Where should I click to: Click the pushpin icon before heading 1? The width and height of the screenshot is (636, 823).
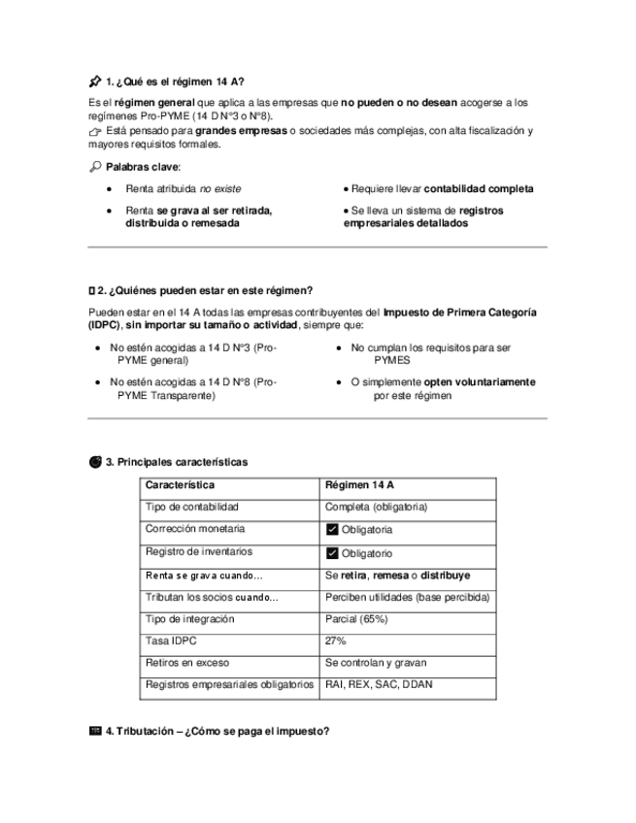click(x=94, y=82)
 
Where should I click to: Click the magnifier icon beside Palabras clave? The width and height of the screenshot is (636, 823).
click(x=94, y=167)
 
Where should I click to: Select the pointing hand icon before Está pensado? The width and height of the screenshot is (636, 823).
click(x=94, y=131)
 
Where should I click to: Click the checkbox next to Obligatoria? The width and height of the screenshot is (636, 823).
click(x=332, y=530)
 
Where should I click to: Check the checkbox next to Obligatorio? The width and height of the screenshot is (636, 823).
click(x=332, y=553)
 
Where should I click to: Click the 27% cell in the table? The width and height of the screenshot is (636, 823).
click(x=336, y=641)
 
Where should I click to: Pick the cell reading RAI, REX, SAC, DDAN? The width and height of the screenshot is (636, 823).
click(x=379, y=684)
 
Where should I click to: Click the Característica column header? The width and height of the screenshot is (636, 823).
click(x=180, y=485)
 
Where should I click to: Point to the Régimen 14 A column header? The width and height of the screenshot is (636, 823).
click(x=360, y=485)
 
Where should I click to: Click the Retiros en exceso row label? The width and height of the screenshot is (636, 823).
click(x=186, y=663)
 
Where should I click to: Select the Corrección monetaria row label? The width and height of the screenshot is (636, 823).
click(x=195, y=530)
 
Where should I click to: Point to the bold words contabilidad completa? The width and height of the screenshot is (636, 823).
click(x=478, y=188)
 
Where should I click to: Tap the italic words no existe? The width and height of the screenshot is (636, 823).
click(x=220, y=188)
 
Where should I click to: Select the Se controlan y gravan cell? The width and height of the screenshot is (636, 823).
click(x=376, y=663)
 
